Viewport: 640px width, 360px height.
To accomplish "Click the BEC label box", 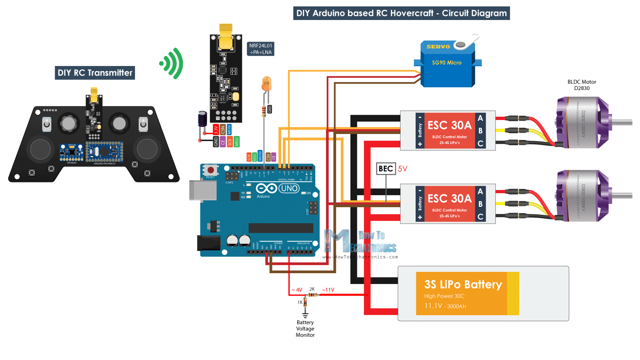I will pyautogui.click(x=386, y=169).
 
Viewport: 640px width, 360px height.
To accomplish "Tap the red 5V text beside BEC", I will pyautogui.click(x=402, y=169).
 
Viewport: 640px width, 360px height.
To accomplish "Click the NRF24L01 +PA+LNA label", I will pyautogui.click(x=261, y=49).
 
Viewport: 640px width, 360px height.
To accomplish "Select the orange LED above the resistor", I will pyautogui.click(x=266, y=84).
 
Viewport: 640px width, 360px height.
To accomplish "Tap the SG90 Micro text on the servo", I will pyautogui.click(x=447, y=63).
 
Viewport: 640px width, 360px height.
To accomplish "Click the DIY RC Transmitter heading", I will pyautogui.click(x=95, y=73).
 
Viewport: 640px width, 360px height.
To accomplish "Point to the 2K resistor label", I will pyautogui.click(x=312, y=289).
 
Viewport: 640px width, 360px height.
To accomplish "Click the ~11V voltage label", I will pyautogui.click(x=328, y=290).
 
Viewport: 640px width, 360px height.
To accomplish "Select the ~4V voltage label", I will pyautogui.click(x=297, y=290).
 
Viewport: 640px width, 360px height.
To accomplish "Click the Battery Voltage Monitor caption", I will pyautogui.click(x=305, y=329).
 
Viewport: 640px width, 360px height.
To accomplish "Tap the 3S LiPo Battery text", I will pyautogui.click(x=463, y=284).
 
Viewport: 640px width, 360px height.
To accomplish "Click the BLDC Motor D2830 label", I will pyautogui.click(x=582, y=85).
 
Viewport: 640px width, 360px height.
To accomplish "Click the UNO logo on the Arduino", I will pyautogui.click(x=289, y=188).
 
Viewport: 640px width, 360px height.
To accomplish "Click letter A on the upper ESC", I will pyautogui.click(x=480, y=118).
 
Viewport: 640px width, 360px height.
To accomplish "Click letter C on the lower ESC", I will pyautogui.click(x=480, y=217).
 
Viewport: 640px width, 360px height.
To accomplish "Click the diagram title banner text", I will pyautogui.click(x=401, y=13).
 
